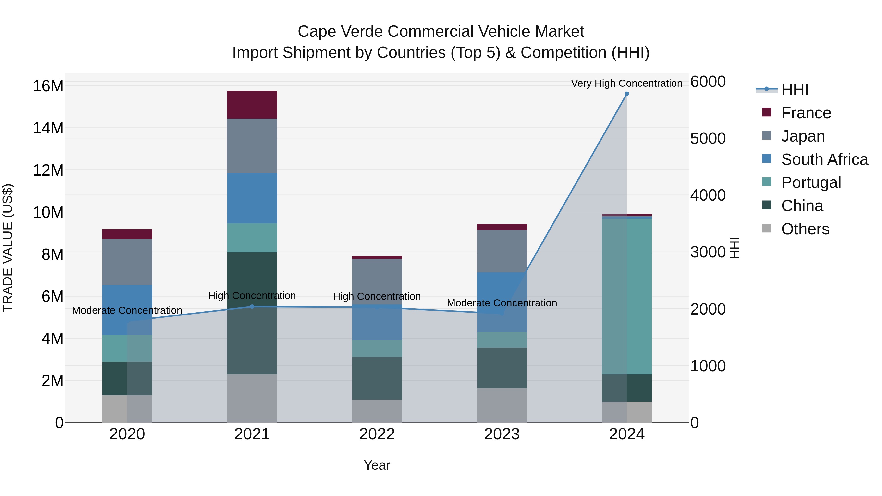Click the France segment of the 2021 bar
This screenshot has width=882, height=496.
click(x=252, y=105)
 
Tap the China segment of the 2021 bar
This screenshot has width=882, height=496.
click(x=252, y=313)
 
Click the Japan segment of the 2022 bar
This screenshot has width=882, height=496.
click(x=377, y=281)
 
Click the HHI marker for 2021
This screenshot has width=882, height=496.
click(x=252, y=306)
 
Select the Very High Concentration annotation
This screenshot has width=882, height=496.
click(x=626, y=83)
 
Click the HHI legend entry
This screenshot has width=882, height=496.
click(x=794, y=90)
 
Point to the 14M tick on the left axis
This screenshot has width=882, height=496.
click(x=48, y=128)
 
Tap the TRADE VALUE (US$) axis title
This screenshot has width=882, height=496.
click(x=8, y=248)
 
